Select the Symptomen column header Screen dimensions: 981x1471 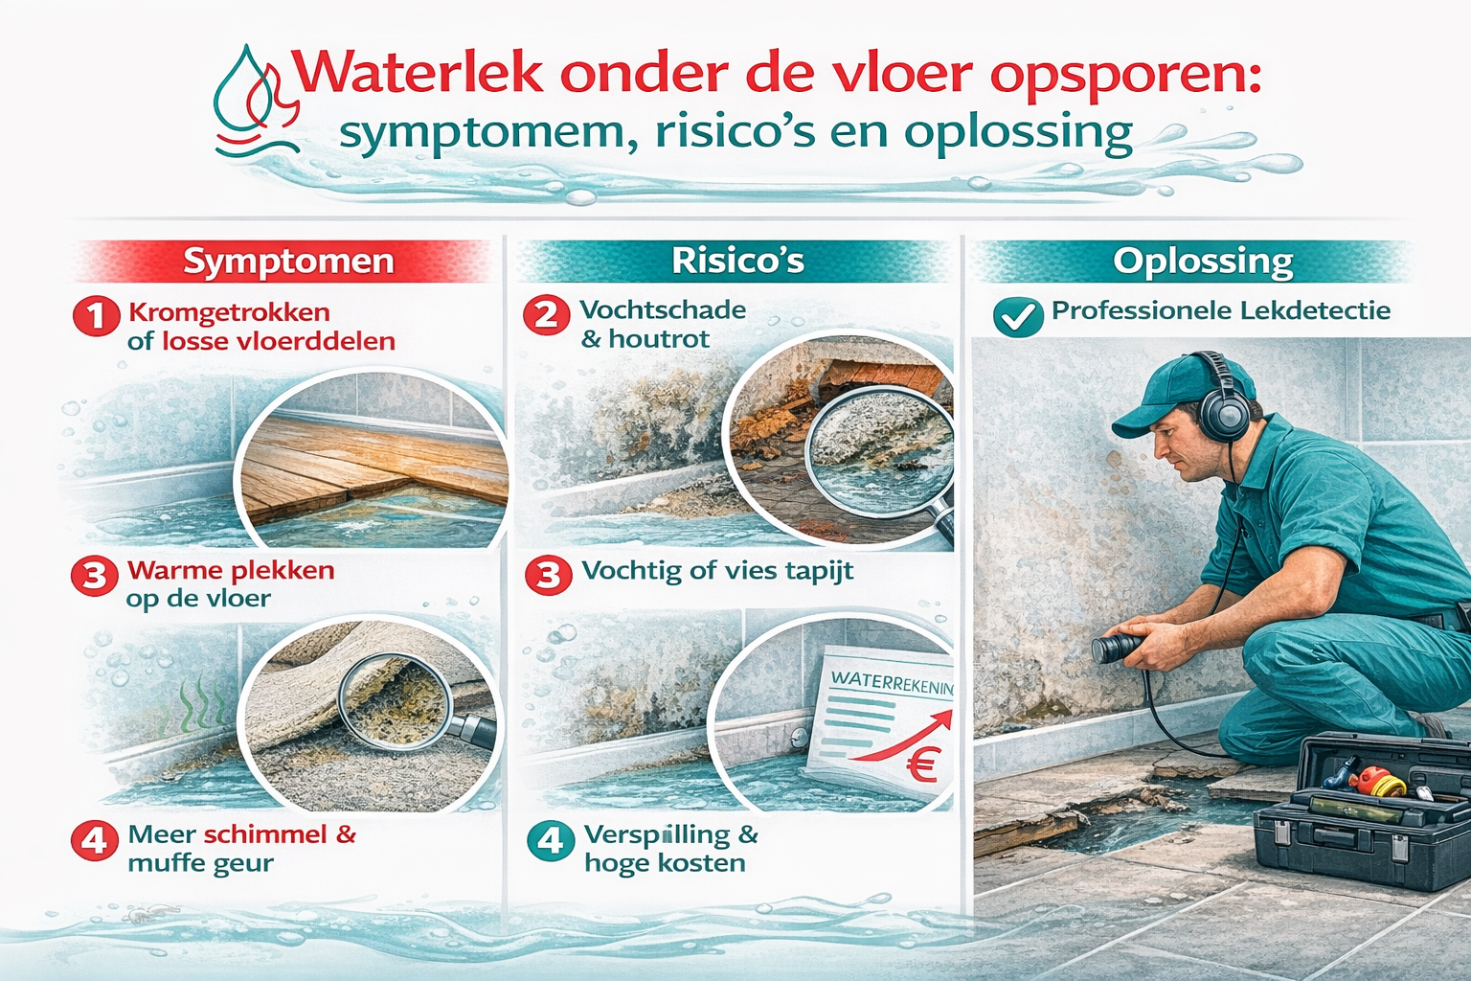[288, 262]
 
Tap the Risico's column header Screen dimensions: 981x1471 [737, 261]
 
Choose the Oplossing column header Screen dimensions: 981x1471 [1203, 261]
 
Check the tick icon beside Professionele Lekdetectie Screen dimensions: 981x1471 [1018, 317]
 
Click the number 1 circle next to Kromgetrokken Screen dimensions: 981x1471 [96, 316]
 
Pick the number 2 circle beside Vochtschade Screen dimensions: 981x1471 [546, 315]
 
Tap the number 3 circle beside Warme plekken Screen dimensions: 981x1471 [94, 576]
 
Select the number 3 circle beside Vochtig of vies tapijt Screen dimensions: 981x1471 [548, 575]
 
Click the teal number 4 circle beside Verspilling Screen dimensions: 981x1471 [550, 840]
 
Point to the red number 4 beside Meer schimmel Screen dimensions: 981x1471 [94, 840]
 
